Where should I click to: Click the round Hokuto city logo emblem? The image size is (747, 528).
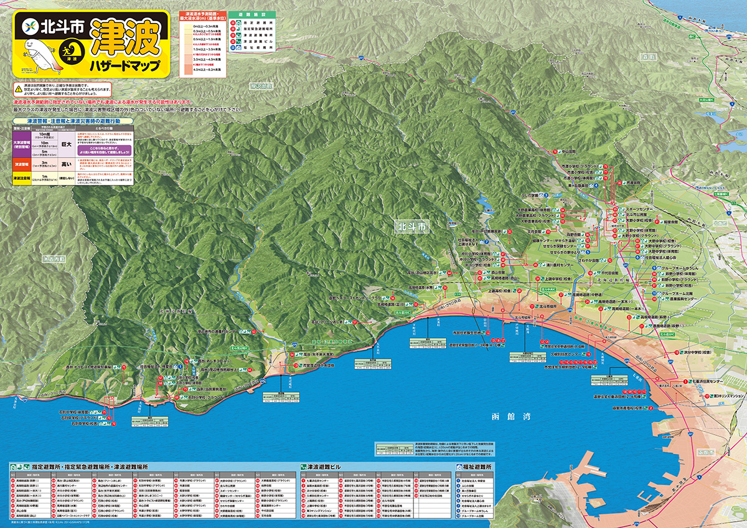pos(30,27)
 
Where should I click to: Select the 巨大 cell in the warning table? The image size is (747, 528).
pos(66,143)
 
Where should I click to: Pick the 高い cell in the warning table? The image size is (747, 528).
pos(66,164)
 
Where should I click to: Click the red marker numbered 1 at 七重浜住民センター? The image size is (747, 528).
pos(685,381)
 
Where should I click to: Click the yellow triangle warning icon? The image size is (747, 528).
pos(19,90)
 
